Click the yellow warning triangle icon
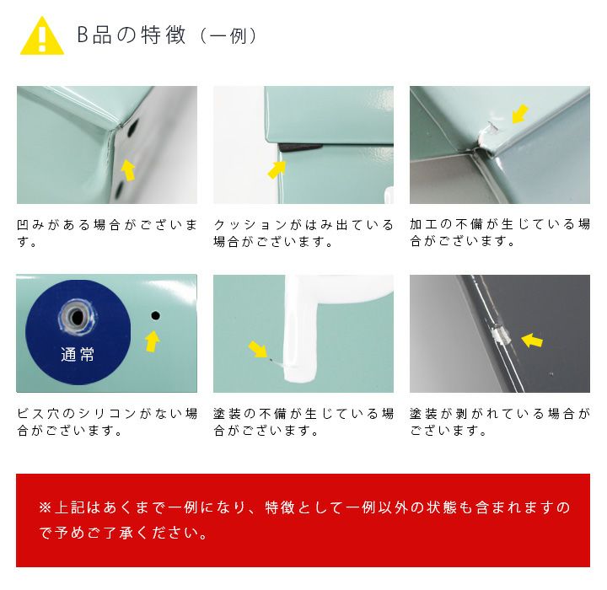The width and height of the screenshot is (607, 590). click(x=42, y=36)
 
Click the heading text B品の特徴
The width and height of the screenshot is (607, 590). click(x=132, y=35)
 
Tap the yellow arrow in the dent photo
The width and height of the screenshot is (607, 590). click(x=128, y=170)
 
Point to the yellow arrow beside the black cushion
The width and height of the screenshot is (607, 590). click(x=277, y=169)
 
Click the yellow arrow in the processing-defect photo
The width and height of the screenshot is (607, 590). click(x=520, y=114)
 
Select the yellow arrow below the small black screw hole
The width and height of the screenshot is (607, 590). click(x=153, y=341)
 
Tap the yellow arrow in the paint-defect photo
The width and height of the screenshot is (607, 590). click(x=257, y=349)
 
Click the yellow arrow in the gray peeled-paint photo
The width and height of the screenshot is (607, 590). click(x=532, y=340)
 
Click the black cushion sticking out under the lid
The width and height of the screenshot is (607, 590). click(x=300, y=147)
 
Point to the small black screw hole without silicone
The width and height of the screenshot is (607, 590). click(x=155, y=316)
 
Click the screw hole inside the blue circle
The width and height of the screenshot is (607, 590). click(x=78, y=318)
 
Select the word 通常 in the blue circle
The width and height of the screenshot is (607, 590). click(x=78, y=354)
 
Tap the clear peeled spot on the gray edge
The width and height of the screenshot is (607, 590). click(x=500, y=335)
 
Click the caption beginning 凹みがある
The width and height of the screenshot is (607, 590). click(x=107, y=233)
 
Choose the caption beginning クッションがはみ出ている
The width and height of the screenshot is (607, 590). click(x=303, y=233)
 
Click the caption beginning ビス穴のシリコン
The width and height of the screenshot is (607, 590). click(x=107, y=422)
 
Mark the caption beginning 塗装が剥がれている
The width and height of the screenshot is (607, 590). click(x=500, y=422)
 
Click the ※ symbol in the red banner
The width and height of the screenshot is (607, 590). click(x=46, y=507)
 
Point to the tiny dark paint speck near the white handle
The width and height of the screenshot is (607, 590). click(x=271, y=360)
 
